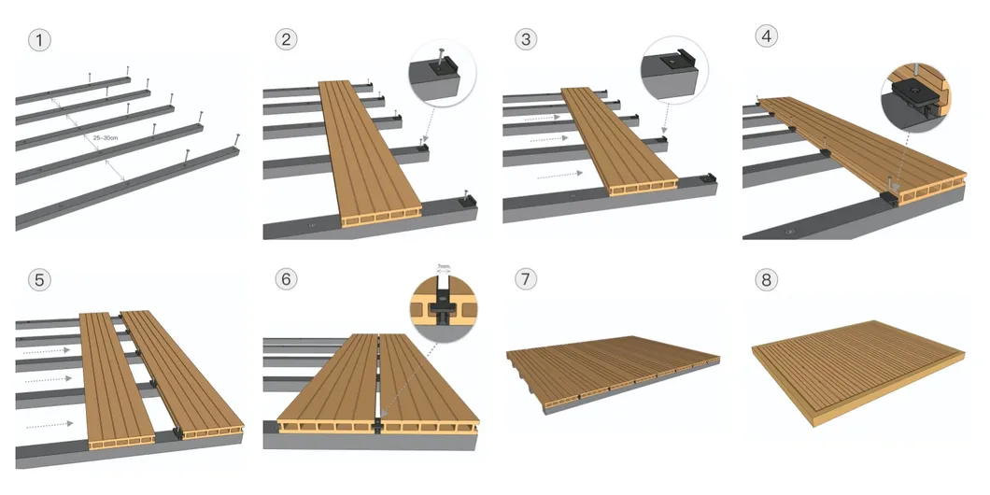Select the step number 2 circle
pyautogui.click(x=286, y=39)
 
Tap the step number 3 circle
pyautogui.click(x=526, y=39)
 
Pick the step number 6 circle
pyautogui.click(x=286, y=279)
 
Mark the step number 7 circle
pyautogui.click(x=526, y=279)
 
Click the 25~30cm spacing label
pyautogui.click(x=108, y=138)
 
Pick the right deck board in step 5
pyautogui.click(x=182, y=374)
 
